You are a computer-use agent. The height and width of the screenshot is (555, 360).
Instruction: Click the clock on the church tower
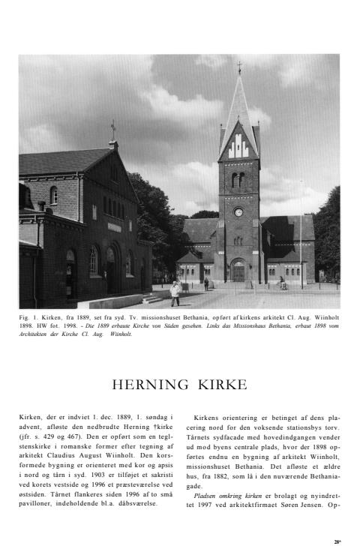(x=238, y=212)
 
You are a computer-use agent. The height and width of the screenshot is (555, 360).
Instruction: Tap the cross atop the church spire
(x=239, y=67)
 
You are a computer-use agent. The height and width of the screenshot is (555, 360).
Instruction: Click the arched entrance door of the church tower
(x=238, y=271)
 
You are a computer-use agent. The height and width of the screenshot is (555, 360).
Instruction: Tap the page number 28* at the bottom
(x=338, y=541)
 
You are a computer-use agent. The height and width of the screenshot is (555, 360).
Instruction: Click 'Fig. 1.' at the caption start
(x=29, y=318)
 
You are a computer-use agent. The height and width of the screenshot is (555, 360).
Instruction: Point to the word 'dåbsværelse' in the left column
(x=133, y=503)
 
